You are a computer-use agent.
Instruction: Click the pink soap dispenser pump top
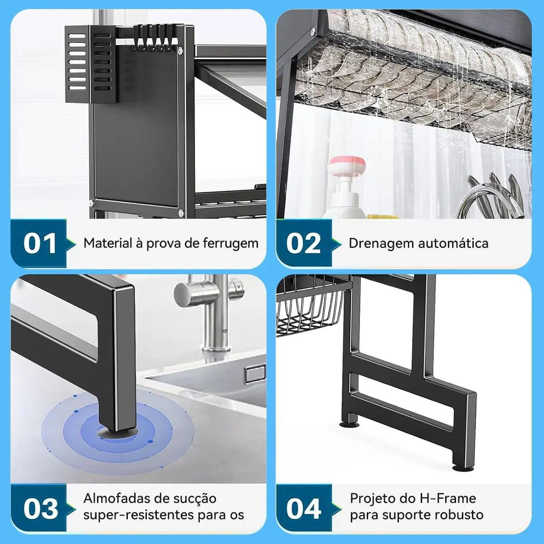tap(346, 166)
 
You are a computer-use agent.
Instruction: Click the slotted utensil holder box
tap(90, 64)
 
